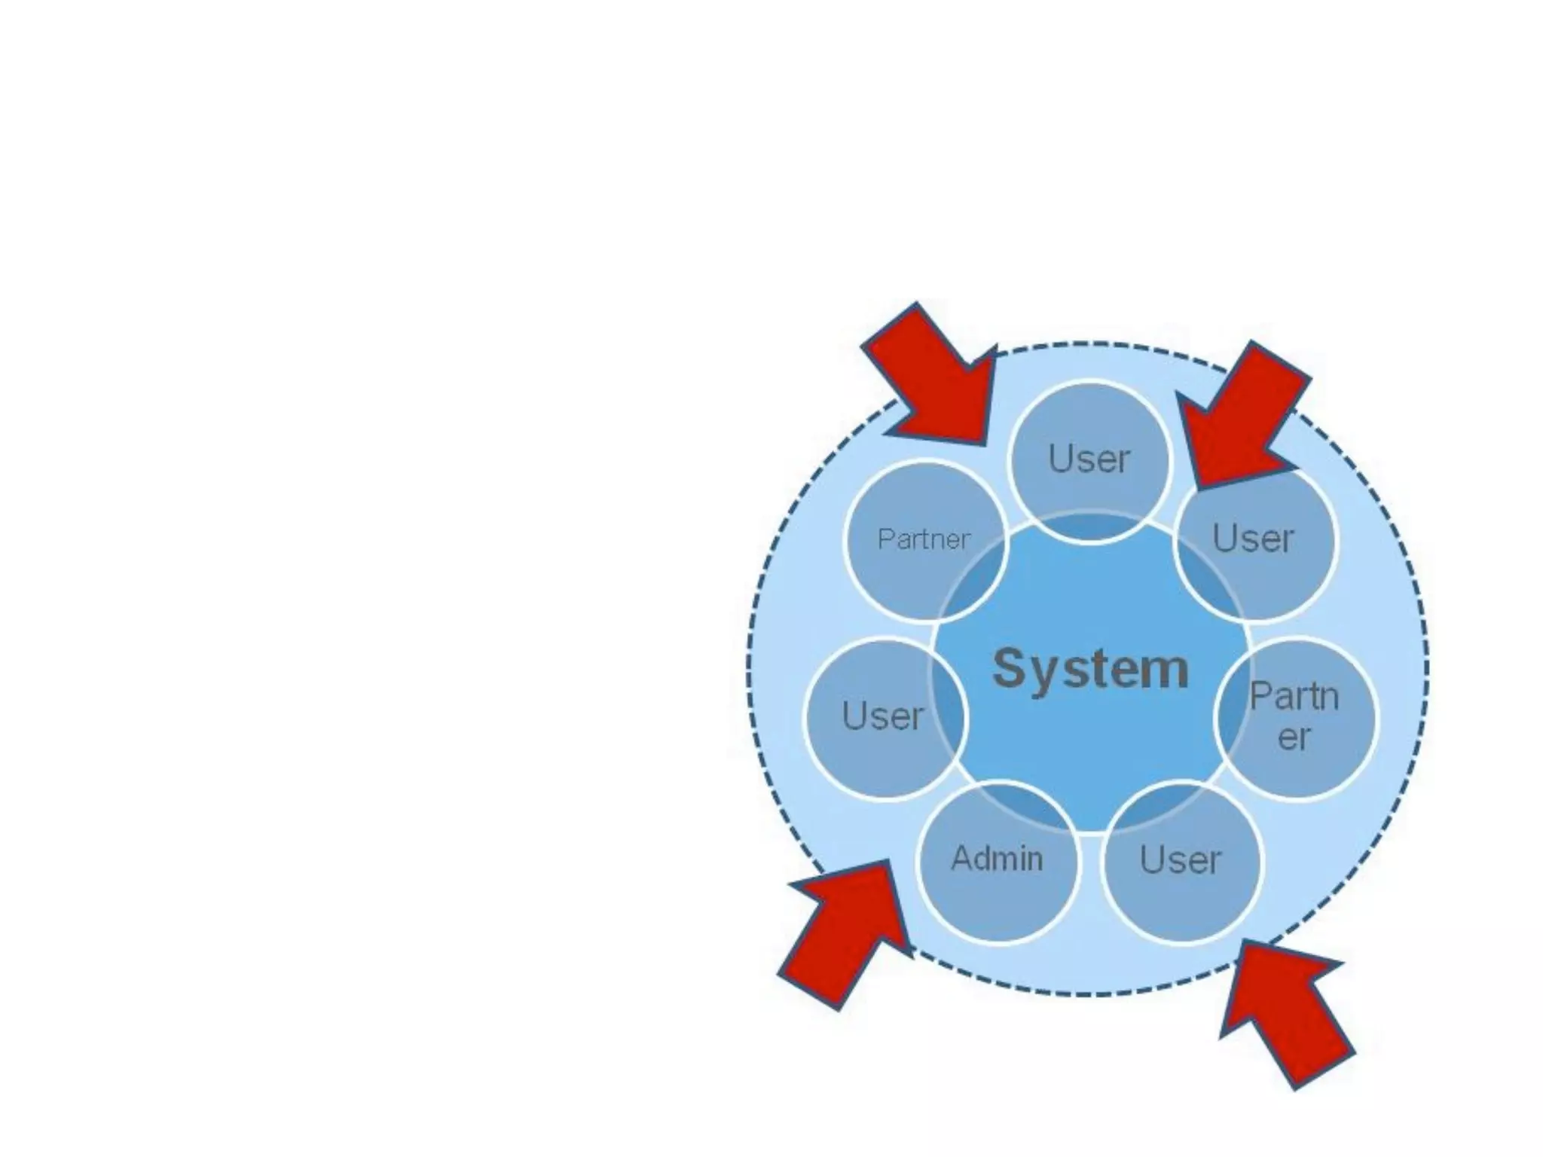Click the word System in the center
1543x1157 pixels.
tap(1090, 669)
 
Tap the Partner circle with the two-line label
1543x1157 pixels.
tap(1294, 717)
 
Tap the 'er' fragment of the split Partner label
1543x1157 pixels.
tap(1294, 737)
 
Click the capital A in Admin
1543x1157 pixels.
tap(961, 859)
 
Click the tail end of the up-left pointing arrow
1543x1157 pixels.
tap(1325, 1070)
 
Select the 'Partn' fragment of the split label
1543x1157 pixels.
tap(1294, 697)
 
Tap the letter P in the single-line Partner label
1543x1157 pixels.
tap(884, 539)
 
